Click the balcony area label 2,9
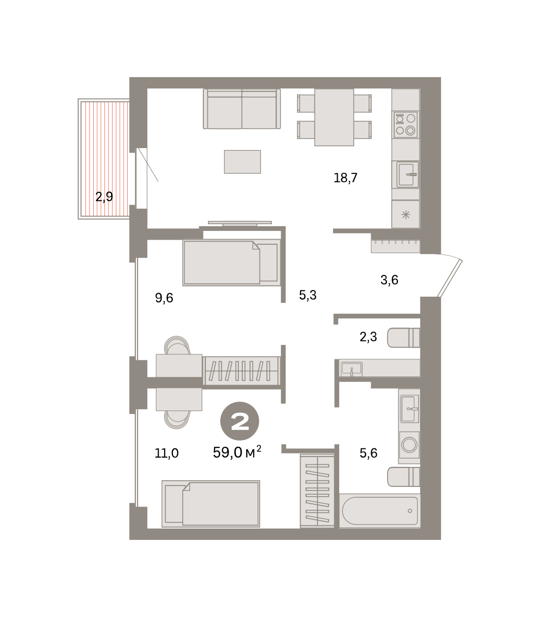104,197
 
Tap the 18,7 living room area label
345,178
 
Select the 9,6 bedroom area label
164,298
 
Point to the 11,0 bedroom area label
167,453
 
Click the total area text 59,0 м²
237,452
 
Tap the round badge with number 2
240,421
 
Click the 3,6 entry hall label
390,280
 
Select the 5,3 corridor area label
308,295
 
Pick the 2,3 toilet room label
369,337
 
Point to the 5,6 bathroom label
369,453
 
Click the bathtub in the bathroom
380,511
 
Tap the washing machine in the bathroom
409,445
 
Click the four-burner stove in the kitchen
406,124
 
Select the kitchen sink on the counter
406,175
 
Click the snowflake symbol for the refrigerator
406,215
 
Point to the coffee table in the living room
242,162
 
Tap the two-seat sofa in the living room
242,109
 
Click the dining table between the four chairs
334,117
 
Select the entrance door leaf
449,278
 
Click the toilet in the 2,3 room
404,338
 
